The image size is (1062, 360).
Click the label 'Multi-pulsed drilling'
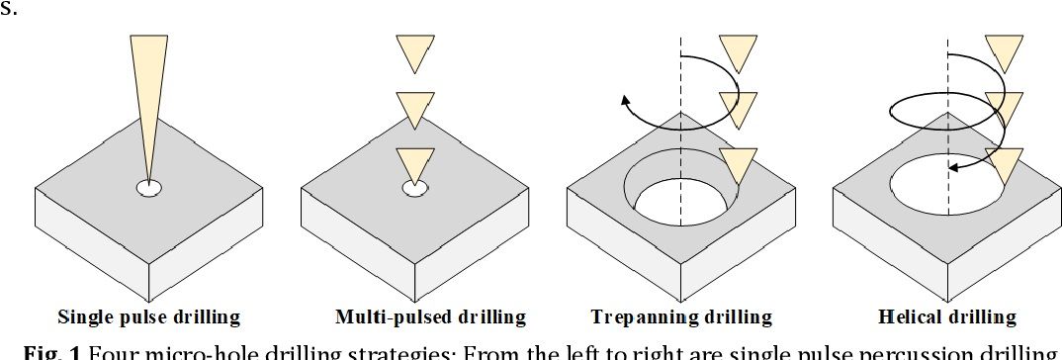tap(416, 317)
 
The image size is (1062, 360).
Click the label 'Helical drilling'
tap(946, 317)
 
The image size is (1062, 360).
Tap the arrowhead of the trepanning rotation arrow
tap(626, 99)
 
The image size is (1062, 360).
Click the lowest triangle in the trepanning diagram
tap(738, 161)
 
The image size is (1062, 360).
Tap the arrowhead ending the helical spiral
tap(953, 168)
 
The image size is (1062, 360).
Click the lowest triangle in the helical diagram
tap(1005, 161)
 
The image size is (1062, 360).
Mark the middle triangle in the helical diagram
tap(1005, 105)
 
